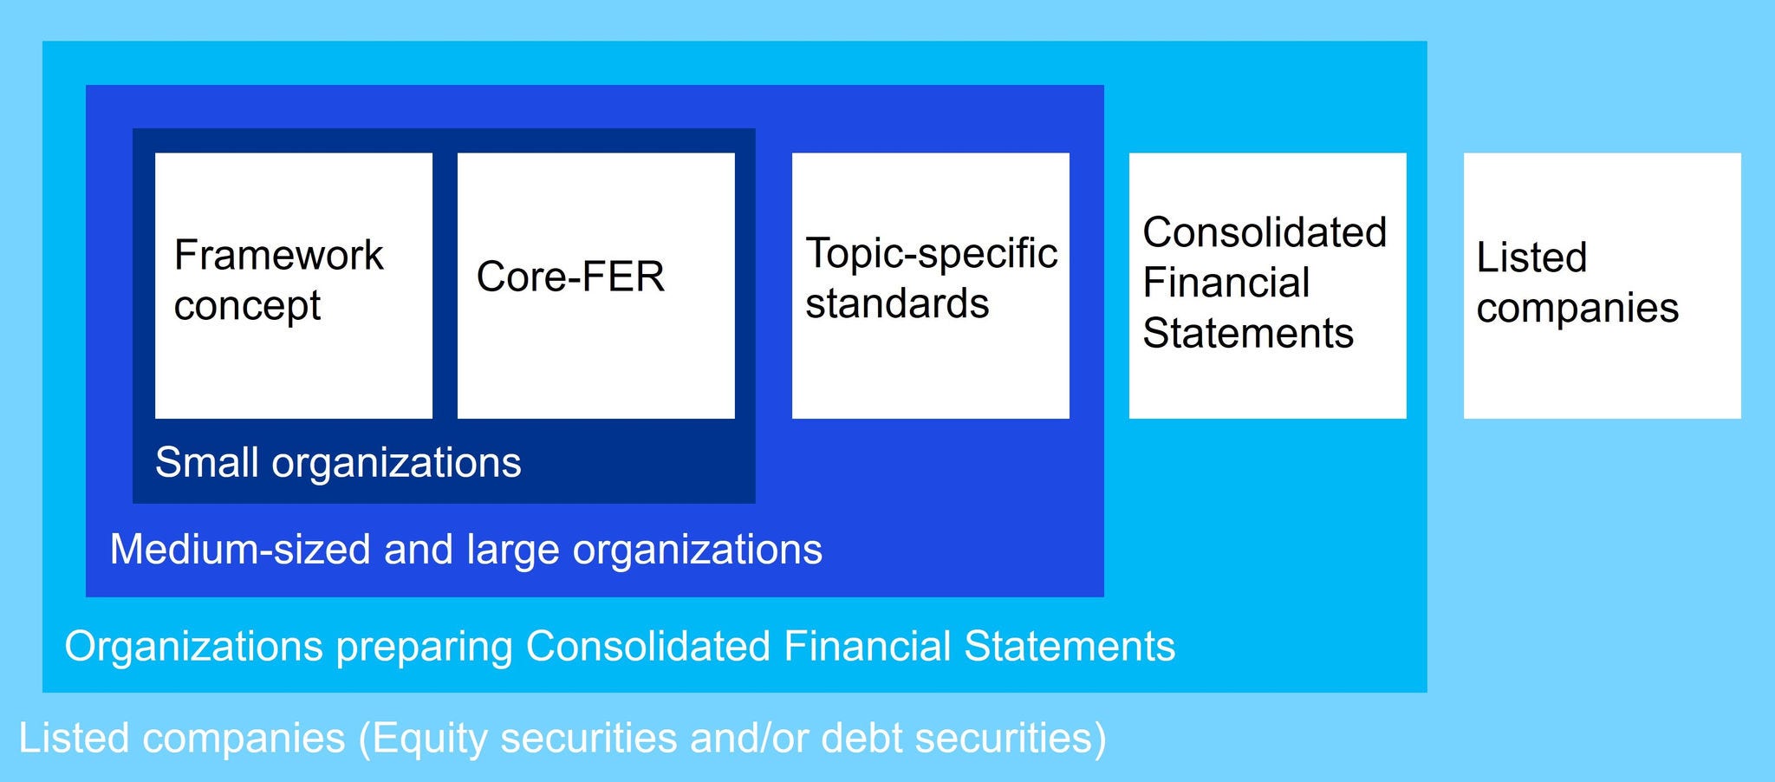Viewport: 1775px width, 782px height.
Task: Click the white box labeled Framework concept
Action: click(x=294, y=285)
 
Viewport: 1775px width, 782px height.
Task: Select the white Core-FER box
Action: click(x=596, y=285)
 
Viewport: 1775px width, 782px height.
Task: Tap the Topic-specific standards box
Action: click(x=931, y=285)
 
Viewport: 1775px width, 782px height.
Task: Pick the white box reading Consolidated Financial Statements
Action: click(x=1268, y=285)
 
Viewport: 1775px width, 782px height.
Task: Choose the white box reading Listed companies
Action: click(x=1603, y=285)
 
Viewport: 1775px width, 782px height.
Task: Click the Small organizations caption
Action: click(x=338, y=463)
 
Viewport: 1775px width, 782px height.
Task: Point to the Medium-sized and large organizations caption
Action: click(x=466, y=550)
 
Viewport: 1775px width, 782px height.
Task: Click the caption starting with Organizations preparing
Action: click(x=620, y=647)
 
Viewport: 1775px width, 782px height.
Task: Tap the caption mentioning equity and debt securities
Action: click(x=562, y=739)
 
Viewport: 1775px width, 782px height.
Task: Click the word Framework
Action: click(x=278, y=255)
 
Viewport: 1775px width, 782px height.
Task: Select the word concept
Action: click(x=247, y=306)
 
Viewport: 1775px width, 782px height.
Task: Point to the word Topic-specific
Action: click(x=932, y=254)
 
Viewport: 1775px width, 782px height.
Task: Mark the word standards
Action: click(x=897, y=303)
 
